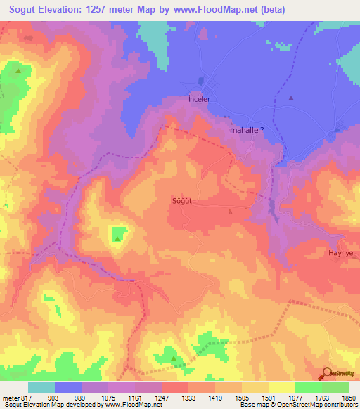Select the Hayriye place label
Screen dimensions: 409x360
click(340, 252)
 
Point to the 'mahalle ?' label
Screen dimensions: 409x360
click(247, 130)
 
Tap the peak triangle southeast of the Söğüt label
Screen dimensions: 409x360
click(230, 210)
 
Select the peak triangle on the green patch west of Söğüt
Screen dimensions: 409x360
click(117, 238)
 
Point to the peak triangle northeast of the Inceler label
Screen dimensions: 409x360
click(291, 98)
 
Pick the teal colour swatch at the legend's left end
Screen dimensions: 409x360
click(41, 387)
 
